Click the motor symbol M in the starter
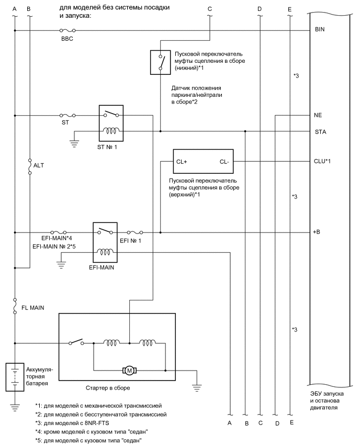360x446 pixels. [129, 371]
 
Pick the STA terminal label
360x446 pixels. [320, 132]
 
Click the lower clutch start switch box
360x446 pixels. [160, 62]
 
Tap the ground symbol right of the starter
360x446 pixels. [196, 388]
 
